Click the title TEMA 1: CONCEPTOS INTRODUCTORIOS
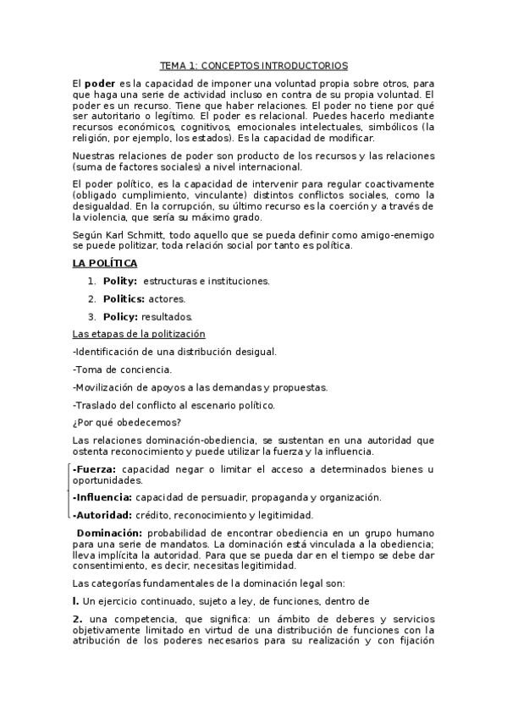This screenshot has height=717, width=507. click(x=254, y=65)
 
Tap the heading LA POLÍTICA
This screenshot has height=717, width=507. click(x=105, y=264)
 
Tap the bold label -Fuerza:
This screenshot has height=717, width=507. click(x=95, y=468)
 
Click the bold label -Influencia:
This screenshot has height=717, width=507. click(x=102, y=496)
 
